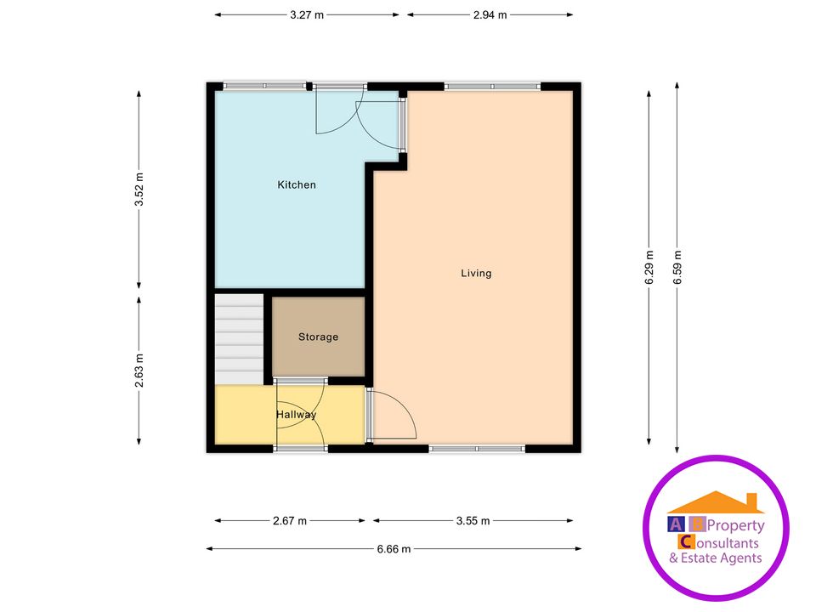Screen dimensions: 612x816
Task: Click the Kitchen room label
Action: pos(297,184)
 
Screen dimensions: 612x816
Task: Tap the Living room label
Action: pos(476,273)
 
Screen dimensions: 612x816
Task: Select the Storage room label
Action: pos(318,337)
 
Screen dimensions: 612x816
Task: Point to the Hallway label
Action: pos(296,414)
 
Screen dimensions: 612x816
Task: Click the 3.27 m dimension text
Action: pos(307,14)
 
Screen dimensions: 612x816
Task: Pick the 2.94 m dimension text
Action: pos(490,14)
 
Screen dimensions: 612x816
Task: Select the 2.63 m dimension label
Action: pos(139,371)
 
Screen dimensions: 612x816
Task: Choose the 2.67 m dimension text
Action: pos(290,521)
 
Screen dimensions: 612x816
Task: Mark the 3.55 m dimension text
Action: pos(473,521)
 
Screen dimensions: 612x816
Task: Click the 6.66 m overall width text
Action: pos(394,549)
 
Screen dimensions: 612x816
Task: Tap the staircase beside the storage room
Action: pos(239,338)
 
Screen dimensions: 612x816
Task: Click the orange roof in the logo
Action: pos(716,503)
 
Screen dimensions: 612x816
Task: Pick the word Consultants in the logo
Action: pos(729,543)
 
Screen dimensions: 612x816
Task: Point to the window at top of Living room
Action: pos(491,86)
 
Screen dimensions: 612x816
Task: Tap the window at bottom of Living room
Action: pos(477,448)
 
